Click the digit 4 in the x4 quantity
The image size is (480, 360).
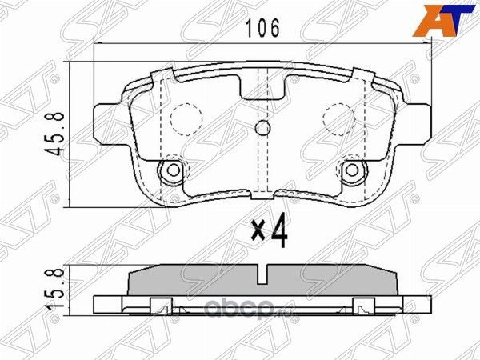278,231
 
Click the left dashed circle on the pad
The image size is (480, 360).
186,120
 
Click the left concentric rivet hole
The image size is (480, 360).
170,170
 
